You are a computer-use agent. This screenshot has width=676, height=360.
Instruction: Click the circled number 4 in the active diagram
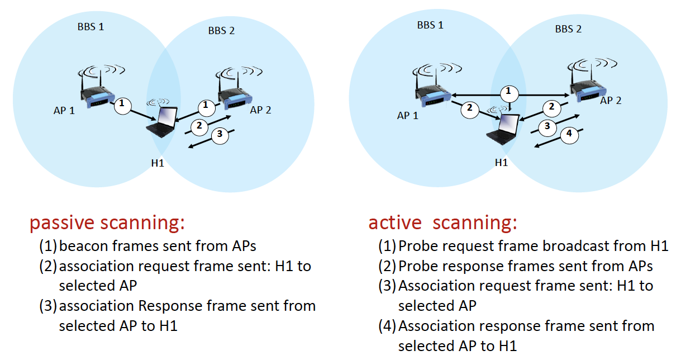[569, 135]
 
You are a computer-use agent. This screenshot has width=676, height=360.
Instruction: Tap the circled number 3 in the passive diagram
[220, 134]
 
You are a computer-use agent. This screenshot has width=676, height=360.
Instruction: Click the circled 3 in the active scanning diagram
[548, 126]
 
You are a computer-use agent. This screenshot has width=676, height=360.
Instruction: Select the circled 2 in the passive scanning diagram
[198, 126]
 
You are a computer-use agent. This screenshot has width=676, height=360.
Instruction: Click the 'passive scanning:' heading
[107, 223]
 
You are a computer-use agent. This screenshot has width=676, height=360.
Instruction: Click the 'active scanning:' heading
[442, 223]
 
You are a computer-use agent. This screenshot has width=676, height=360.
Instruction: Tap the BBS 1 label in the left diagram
[91, 26]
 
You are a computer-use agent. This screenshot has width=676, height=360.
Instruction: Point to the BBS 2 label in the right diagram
[568, 29]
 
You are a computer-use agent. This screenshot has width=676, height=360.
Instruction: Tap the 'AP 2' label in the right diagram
[611, 101]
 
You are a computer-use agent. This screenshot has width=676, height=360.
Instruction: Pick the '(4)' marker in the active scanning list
[387, 326]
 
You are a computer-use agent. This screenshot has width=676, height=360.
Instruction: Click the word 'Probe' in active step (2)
[417, 266]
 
